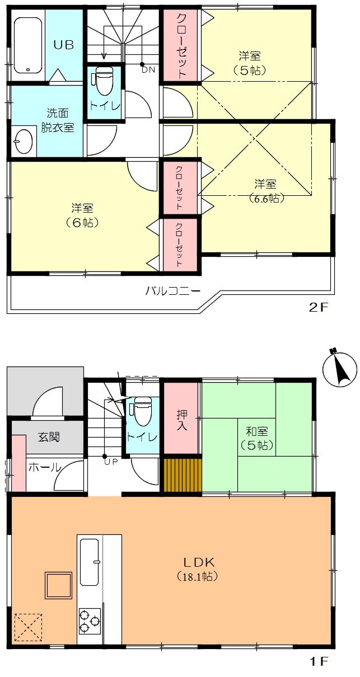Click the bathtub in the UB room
click(28, 45)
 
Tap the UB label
click(63, 45)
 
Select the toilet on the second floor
click(104, 82)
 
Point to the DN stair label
click(148, 70)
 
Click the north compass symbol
click(340, 368)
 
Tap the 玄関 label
click(49, 437)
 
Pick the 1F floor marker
click(319, 662)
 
